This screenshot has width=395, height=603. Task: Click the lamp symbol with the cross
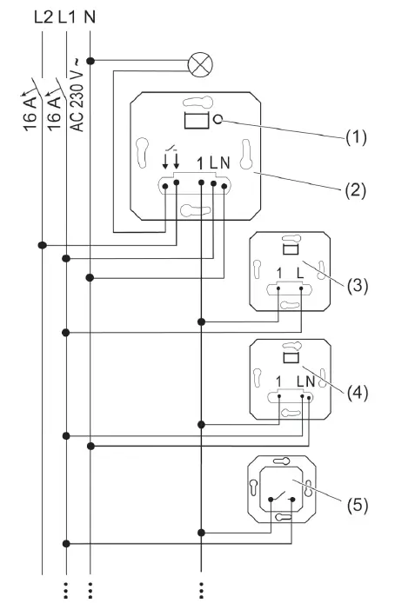click(200, 62)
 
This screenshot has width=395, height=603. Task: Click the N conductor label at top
click(91, 15)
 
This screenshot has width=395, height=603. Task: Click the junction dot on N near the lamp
click(91, 61)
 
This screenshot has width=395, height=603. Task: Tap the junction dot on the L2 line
click(41, 244)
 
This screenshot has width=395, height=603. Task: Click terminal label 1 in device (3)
click(278, 274)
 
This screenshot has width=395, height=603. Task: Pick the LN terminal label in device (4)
click(304, 380)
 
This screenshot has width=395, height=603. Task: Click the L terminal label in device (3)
click(301, 274)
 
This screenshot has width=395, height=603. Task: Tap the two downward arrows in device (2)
click(171, 162)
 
